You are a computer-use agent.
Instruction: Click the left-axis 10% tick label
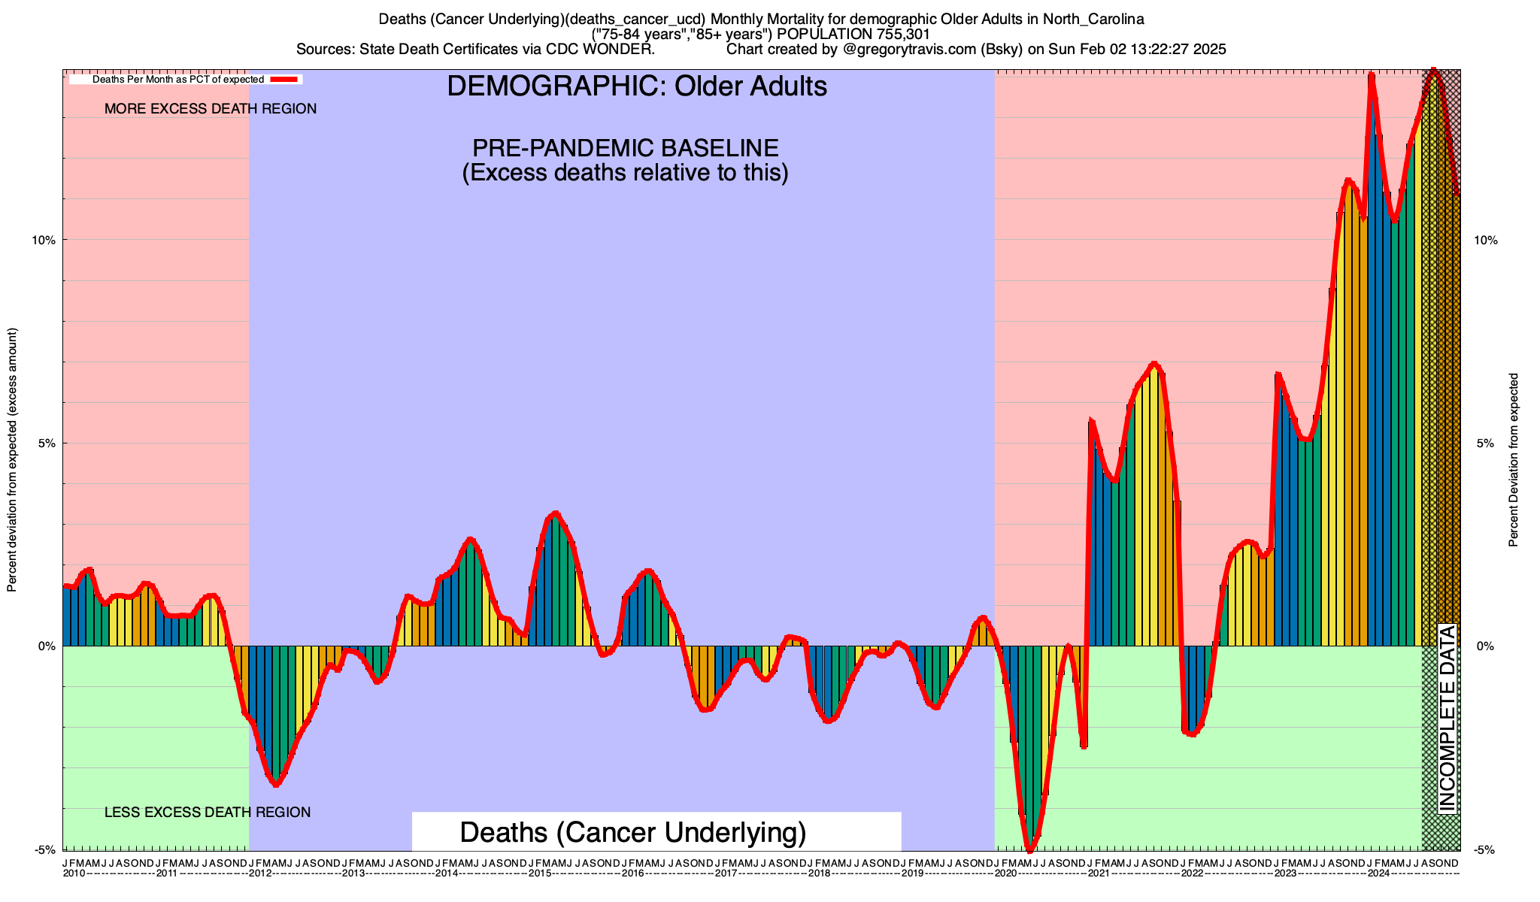click(x=43, y=240)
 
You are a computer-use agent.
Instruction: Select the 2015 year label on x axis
click(x=539, y=873)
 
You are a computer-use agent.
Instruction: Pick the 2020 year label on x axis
click(x=1005, y=873)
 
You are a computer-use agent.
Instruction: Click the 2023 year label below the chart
click(x=1284, y=873)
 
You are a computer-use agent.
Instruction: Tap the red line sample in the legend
click(x=285, y=79)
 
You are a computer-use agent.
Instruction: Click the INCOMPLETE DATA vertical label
click(x=1448, y=719)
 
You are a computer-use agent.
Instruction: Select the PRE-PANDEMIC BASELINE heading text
click(x=625, y=147)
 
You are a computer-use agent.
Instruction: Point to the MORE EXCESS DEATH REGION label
click(x=211, y=109)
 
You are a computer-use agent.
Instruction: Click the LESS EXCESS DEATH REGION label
click(x=208, y=813)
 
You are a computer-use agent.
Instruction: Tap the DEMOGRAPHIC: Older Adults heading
click(x=637, y=86)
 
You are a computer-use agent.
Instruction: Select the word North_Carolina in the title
click(x=1093, y=19)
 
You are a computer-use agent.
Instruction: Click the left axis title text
click(x=11, y=459)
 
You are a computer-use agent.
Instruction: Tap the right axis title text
click(x=1514, y=459)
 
